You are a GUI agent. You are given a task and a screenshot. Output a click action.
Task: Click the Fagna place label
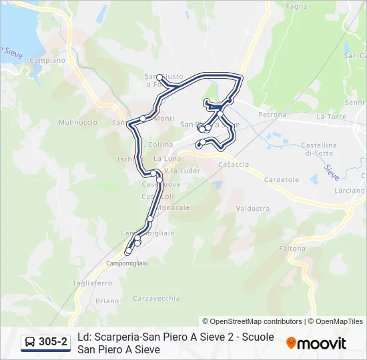(x=296, y=6)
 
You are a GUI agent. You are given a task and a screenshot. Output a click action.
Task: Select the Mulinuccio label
(x=77, y=123)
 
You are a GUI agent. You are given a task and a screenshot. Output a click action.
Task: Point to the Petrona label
(x=272, y=115)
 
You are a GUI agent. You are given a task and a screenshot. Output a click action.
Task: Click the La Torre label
(x=330, y=116)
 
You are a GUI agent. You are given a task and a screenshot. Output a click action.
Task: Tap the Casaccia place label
(x=234, y=164)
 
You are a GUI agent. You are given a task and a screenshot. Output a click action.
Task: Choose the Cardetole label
(x=282, y=180)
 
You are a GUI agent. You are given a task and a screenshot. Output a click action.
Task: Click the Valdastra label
(x=253, y=208)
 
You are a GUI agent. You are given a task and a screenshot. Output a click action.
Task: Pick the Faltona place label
(x=292, y=248)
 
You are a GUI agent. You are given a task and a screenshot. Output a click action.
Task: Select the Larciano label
(x=350, y=190)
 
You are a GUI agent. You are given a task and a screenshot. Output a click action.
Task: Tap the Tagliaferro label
(x=93, y=283)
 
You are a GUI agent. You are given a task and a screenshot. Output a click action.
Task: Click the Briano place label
(x=106, y=301)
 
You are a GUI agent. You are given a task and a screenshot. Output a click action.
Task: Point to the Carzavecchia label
(x=156, y=298)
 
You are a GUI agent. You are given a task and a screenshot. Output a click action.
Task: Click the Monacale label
(x=173, y=207)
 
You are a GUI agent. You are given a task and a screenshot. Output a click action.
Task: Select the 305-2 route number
(x=53, y=343)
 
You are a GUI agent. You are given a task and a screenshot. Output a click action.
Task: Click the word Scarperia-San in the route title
(x=130, y=337)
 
